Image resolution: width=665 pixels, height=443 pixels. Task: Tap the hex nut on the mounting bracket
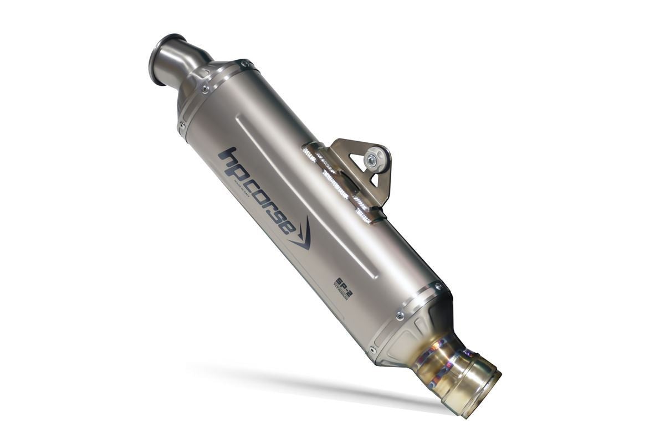(372, 160)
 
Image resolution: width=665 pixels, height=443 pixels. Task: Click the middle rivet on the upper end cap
(206, 89)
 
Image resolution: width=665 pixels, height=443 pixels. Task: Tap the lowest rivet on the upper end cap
(181, 125)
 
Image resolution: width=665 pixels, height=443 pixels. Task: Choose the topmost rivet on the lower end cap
(438, 287)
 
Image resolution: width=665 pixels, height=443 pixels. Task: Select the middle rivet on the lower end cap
(400, 316)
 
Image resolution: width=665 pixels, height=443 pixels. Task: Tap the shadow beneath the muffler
(310, 382)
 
